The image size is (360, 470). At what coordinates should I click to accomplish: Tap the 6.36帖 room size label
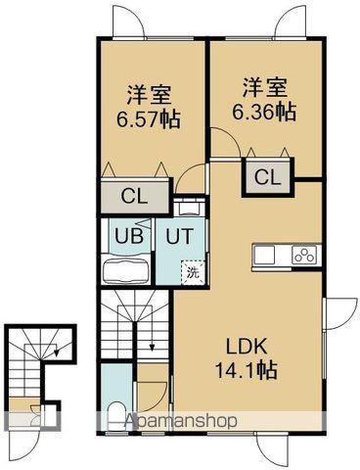pyautogui.click(x=264, y=111)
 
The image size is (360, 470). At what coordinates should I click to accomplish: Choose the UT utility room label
pyautogui.click(x=177, y=235)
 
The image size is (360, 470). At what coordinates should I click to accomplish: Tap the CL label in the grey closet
pyautogui.click(x=135, y=194)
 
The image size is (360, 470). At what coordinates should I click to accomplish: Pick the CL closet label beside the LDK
pyautogui.click(x=269, y=178)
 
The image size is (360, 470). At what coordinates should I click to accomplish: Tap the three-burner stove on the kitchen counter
pyautogui.click(x=303, y=255)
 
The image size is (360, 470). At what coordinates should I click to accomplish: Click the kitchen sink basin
pyautogui.click(x=266, y=256)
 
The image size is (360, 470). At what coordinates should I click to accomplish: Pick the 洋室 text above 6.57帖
pyautogui.click(x=148, y=95)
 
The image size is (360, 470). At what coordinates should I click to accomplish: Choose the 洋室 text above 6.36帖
pyautogui.click(x=264, y=86)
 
